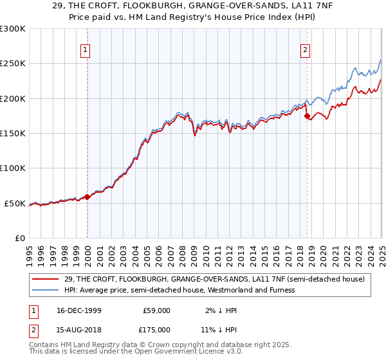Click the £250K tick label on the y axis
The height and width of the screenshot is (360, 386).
pos(13,64)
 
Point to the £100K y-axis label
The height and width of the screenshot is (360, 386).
pos(13,168)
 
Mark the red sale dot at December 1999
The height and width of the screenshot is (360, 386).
pos(87,197)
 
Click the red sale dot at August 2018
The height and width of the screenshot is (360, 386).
pos(307,116)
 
